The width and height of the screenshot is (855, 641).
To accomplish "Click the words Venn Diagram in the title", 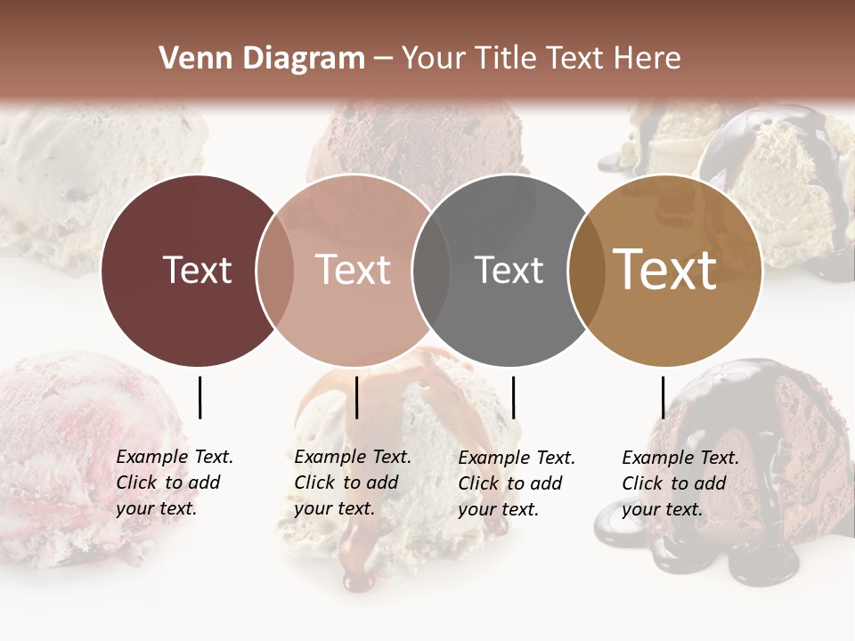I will tap(262, 59).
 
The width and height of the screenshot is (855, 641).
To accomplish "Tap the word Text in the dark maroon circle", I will tap(197, 270).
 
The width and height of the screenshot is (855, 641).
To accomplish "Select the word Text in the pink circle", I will tap(353, 270).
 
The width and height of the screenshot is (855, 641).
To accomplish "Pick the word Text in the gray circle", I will tap(509, 270).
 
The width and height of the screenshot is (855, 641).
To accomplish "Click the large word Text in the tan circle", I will tap(664, 270).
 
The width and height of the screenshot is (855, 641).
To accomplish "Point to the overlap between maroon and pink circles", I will tap(275, 270).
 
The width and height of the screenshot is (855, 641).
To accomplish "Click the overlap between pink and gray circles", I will tap(431, 270).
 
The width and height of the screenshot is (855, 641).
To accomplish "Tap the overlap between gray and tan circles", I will tap(585, 270).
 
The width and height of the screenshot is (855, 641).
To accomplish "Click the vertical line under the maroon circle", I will tap(199, 397).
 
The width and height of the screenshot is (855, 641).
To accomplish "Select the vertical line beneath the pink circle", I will tap(356, 397).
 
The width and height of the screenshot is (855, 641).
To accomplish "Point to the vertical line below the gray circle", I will tap(513, 397).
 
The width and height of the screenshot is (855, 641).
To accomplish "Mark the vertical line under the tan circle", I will tap(663, 397).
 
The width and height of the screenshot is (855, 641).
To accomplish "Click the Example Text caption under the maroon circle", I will tap(175, 483).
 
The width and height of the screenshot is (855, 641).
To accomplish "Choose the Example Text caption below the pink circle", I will tap(353, 483).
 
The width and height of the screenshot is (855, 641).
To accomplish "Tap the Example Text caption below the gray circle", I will tap(517, 483).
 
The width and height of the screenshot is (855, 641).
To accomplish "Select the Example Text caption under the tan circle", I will tap(680, 483).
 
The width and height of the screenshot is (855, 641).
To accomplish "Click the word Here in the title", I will tap(651, 59).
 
